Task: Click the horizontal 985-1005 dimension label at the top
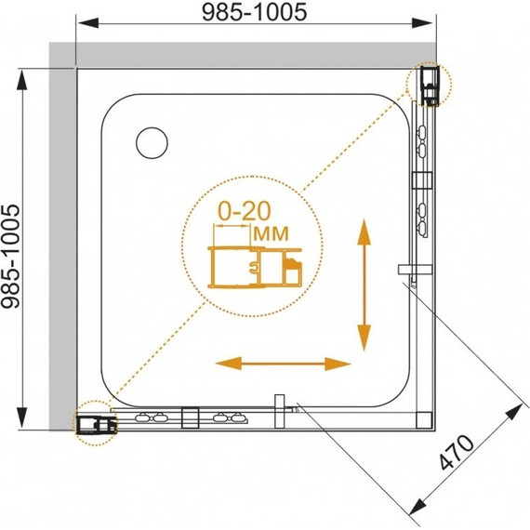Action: [x=254, y=12]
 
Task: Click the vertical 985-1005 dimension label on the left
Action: [x=11, y=257]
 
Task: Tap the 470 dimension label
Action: [x=457, y=453]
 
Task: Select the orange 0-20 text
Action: [x=245, y=211]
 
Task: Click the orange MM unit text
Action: [x=272, y=233]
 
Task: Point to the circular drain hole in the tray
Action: [x=152, y=143]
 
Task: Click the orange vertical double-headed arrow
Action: [x=364, y=285]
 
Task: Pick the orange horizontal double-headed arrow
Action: [x=284, y=364]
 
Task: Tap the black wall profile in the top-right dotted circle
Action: [x=430, y=86]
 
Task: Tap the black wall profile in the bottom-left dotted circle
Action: [x=97, y=425]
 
